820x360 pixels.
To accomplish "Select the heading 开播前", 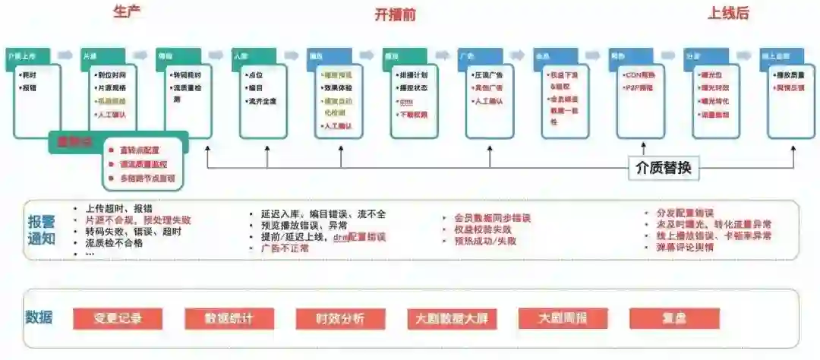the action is (x=396, y=14).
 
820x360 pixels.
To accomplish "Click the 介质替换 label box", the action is (x=663, y=168).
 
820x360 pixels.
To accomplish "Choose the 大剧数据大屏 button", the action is (x=452, y=318).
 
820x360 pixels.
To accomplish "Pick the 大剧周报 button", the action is (x=563, y=318).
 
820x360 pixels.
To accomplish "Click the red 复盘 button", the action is (x=674, y=318).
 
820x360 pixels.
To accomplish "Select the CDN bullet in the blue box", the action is (x=640, y=75).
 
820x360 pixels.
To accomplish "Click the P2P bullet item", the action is (x=639, y=87).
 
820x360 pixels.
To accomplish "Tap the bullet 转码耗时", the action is (x=185, y=75).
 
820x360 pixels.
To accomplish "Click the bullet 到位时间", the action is (x=112, y=75).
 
